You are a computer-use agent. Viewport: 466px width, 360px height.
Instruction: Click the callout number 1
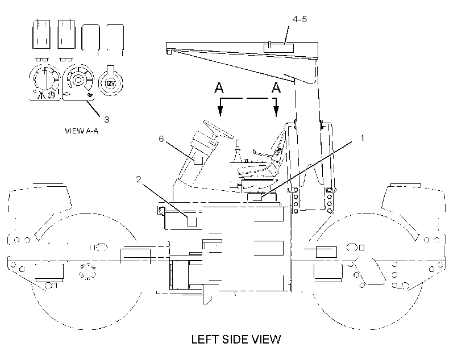coord(362,138)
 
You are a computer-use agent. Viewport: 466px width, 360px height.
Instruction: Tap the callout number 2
coord(139,179)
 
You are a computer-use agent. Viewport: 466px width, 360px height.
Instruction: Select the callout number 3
coord(107,119)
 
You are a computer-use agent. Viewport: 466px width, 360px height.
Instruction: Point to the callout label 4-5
coord(299,19)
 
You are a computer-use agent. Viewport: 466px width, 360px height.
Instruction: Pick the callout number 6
coord(161,139)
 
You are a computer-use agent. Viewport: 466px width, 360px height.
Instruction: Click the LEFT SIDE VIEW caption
coord(236,340)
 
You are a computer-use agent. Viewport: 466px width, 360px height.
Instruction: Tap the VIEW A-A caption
coord(81,131)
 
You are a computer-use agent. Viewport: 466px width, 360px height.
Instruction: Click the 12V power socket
coord(110,82)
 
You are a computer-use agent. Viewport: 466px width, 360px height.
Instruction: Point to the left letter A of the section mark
coord(219,87)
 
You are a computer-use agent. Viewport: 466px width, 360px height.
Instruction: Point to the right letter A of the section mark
coord(276,87)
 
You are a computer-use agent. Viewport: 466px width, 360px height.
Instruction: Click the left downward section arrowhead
coord(220,111)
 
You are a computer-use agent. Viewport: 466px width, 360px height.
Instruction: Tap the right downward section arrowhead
coord(276,111)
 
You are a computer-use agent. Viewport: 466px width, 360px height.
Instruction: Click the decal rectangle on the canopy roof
coord(278,48)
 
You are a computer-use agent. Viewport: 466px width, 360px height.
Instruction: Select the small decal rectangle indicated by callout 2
coord(192,222)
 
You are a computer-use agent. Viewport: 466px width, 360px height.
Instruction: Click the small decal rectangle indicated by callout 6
coord(198,160)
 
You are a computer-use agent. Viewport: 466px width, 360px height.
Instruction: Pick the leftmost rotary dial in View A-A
coord(45,78)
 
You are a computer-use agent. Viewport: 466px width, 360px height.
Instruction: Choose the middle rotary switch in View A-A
coord(78,80)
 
